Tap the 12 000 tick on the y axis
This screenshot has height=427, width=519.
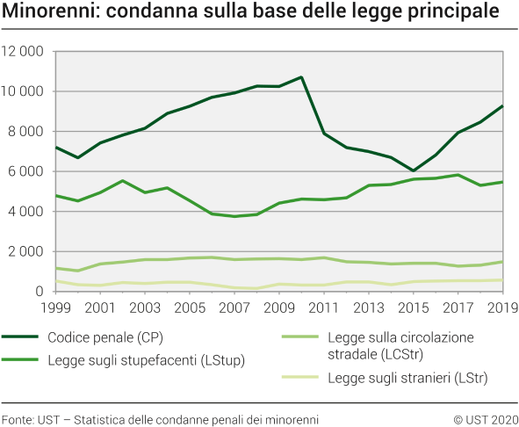click(x=24, y=52)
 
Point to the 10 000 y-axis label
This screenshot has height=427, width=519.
click(x=24, y=91)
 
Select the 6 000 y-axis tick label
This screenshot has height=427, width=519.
click(x=27, y=171)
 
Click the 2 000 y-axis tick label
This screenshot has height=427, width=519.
click(x=27, y=251)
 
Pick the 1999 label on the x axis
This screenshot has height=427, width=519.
click(x=55, y=308)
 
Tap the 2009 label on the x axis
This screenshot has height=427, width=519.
click(x=278, y=308)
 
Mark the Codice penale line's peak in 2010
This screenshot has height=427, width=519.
click(x=301, y=77)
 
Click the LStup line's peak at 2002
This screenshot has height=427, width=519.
click(x=123, y=181)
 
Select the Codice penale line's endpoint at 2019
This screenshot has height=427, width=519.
click(x=501, y=106)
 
